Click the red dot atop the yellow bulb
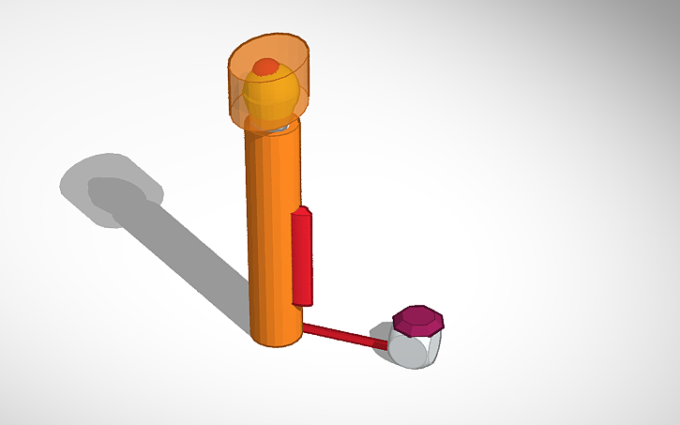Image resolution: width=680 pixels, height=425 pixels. [x=266, y=67]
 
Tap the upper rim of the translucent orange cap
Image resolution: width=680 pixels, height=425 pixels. [x=270, y=40]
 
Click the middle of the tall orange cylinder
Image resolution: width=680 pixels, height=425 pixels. [x=274, y=235]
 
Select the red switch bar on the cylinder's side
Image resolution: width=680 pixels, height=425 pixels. [x=302, y=259]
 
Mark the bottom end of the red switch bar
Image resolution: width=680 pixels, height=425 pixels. [x=303, y=304]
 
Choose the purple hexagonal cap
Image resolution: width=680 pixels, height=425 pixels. [x=418, y=322]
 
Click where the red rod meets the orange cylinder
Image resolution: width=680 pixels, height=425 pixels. [x=304, y=326]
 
